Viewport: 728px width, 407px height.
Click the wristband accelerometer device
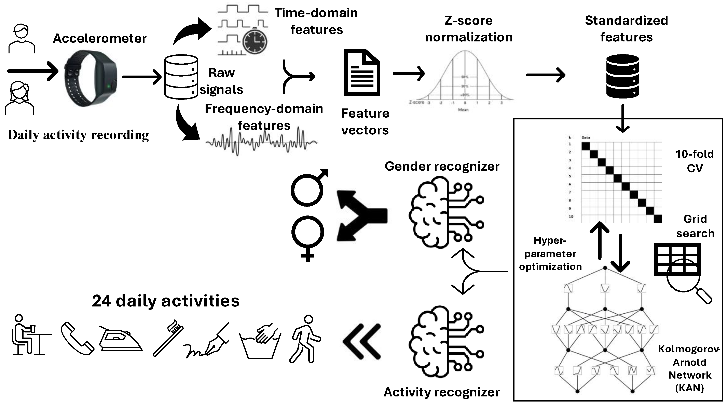coord(91,78)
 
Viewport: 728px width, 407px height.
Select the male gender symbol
coord(308,188)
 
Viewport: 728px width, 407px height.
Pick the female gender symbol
coord(308,238)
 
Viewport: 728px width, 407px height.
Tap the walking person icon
coord(305,339)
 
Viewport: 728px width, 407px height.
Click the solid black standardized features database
coord(623,76)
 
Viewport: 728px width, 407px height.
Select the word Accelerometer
coord(100,38)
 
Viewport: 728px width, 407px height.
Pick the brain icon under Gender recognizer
coord(446,212)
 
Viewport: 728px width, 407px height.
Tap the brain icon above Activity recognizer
coord(446,341)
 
